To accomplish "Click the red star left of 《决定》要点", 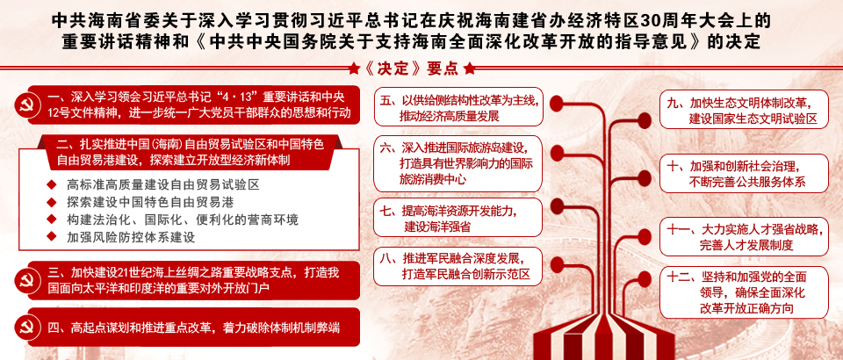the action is (x=353, y=68).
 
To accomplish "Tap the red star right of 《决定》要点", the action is (x=469, y=68).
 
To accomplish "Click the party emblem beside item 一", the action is (x=25, y=104).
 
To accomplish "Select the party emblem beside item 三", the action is (x=25, y=280).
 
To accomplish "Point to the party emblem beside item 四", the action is (x=25, y=328).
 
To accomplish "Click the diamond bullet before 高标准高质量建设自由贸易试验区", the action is (x=52, y=185).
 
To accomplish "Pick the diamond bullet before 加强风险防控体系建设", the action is (x=52, y=236).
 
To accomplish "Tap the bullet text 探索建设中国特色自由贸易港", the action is (x=150, y=202).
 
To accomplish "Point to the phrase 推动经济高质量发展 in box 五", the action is (x=450, y=116).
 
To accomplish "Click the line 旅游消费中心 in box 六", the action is (x=433, y=178).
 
